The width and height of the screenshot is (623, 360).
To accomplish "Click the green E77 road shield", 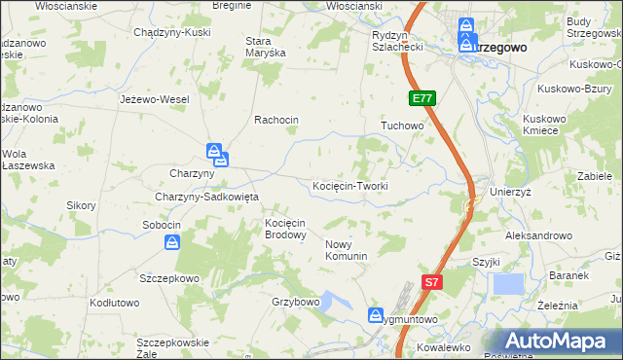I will (x=422, y=98).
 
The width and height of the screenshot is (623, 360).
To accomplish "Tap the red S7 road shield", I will (x=433, y=282).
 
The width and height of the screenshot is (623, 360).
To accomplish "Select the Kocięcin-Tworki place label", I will (x=350, y=186).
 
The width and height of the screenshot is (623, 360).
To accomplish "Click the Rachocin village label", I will (x=275, y=120).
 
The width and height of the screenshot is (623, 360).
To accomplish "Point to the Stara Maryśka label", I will (x=265, y=48).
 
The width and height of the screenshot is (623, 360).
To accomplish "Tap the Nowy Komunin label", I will (x=346, y=250).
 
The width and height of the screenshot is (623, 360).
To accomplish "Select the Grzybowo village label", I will (x=296, y=302).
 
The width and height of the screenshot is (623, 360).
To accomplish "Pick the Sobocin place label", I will (x=162, y=225).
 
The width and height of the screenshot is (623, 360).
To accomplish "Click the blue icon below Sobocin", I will (x=172, y=242).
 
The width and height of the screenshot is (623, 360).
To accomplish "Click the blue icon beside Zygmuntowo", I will (x=377, y=315).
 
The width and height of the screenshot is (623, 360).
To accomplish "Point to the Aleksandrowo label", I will (x=537, y=235).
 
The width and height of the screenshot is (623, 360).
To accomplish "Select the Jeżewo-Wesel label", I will (x=154, y=99).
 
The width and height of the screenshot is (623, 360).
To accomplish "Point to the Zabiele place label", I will (x=593, y=177).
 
